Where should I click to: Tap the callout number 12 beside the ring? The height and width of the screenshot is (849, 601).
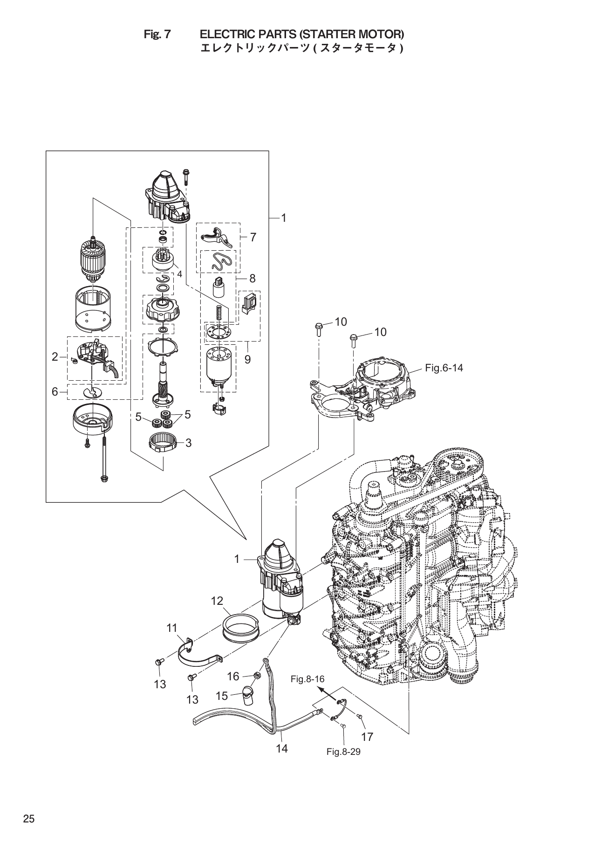217,601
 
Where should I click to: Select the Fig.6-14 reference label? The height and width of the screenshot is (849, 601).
444,368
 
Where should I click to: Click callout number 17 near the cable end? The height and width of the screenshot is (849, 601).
367,736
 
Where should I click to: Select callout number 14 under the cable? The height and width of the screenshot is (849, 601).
281,748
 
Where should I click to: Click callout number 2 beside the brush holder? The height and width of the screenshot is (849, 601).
55,357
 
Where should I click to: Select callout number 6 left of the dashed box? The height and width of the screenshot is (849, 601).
55,391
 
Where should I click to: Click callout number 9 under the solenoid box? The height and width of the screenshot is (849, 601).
247,359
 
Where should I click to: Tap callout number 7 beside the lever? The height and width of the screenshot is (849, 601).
253,237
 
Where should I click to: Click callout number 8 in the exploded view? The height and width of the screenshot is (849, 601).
252,278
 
